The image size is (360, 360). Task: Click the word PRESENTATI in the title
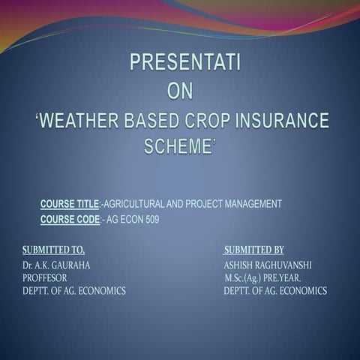(x=184, y=63)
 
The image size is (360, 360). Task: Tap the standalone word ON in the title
(x=180, y=91)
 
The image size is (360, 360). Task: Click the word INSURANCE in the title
(x=289, y=120)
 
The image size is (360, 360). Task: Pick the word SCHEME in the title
(x=178, y=147)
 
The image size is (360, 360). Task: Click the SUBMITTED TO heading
(x=53, y=250)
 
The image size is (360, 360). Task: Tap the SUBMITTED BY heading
(x=253, y=250)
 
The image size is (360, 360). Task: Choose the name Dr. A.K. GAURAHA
(x=57, y=265)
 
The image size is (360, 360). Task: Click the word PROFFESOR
(x=45, y=277)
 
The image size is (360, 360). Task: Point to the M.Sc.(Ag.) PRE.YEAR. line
(x=261, y=277)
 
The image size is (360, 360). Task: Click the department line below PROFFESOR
(x=73, y=290)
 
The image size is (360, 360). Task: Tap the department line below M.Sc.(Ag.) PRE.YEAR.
(x=274, y=290)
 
